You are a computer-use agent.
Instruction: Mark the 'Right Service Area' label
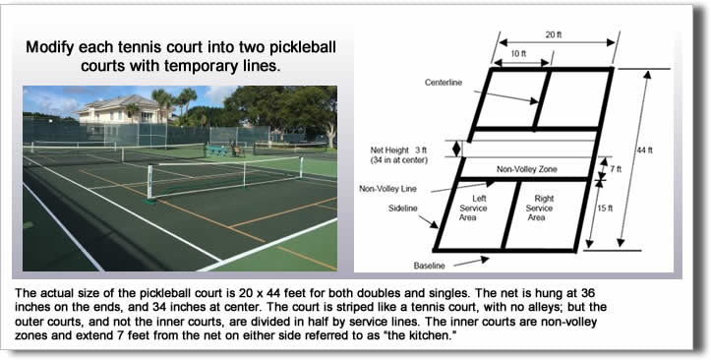point(539,209)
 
